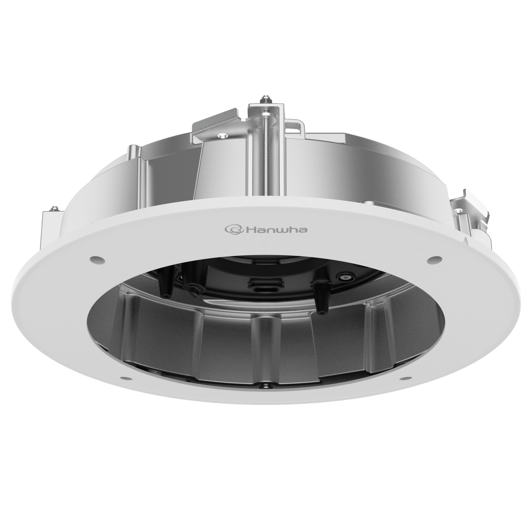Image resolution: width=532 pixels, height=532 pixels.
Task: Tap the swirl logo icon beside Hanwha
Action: [234, 230]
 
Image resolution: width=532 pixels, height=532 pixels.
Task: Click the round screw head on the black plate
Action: [346, 277]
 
